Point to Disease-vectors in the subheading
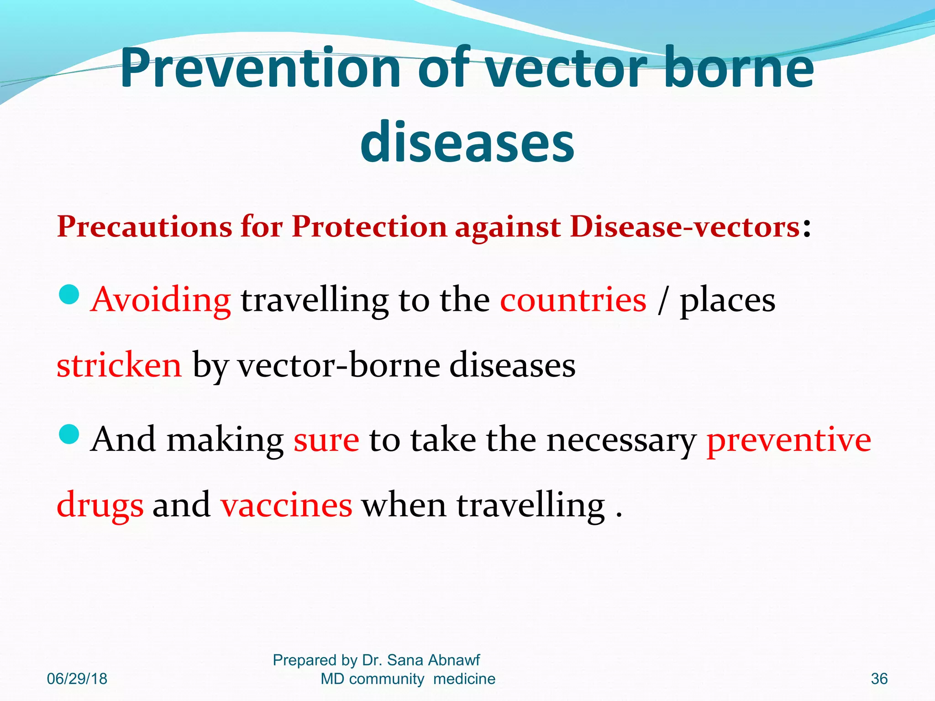pyautogui.click(x=684, y=227)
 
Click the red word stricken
pyautogui.click(x=119, y=366)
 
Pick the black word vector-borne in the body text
pyautogui.click(x=339, y=366)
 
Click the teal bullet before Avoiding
pyautogui.click(x=69, y=294)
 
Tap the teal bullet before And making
pyautogui.click(x=69, y=434)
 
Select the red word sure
pyautogui.click(x=326, y=440)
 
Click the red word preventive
pyautogui.click(x=788, y=440)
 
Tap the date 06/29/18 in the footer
pyautogui.click(x=77, y=679)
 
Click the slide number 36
pyautogui.click(x=879, y=679)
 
